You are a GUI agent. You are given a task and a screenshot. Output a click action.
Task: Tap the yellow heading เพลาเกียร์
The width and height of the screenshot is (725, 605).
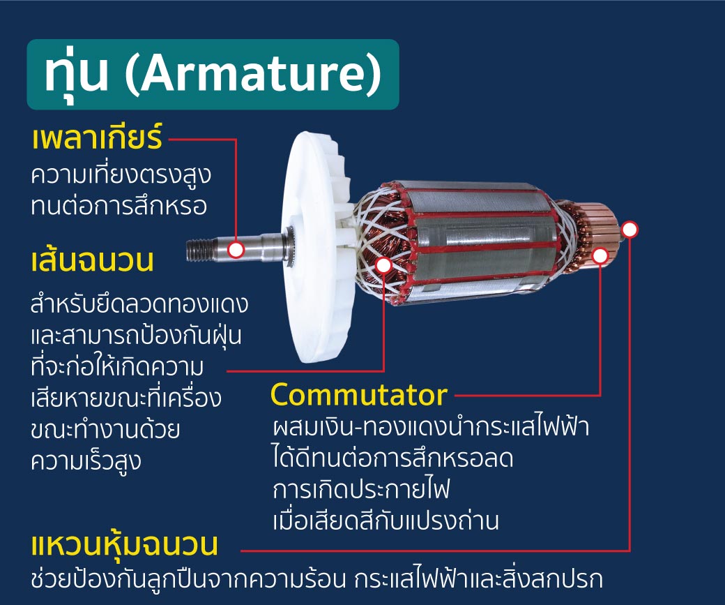point(97,139)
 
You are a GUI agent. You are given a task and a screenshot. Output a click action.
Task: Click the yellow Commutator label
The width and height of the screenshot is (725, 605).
point(358,395)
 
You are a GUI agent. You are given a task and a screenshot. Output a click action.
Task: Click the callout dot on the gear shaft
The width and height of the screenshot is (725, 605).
point(236,249)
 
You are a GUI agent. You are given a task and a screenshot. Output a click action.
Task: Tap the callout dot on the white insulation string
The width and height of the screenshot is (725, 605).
point(383,265)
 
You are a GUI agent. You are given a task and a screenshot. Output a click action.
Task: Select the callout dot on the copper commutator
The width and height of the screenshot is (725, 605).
point(600,256)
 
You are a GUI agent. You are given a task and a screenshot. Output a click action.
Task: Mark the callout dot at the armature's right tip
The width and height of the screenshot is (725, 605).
point(629,229)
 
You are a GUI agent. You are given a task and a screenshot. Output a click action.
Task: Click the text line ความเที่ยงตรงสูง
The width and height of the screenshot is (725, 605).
point(121,175)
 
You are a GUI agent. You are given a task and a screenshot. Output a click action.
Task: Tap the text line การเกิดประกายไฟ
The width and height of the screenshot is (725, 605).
point(361,489)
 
